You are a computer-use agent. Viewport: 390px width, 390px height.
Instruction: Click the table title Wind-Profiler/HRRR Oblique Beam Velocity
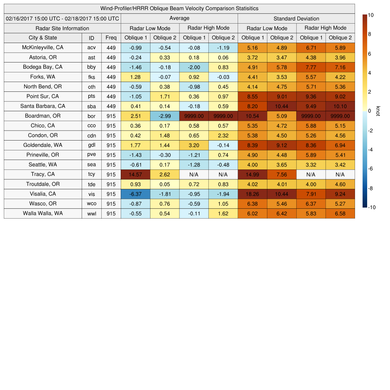tap(179, 8)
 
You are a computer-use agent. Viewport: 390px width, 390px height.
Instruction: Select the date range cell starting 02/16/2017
tap(62, 18)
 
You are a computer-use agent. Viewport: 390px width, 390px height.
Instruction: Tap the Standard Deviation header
tap(296, 19)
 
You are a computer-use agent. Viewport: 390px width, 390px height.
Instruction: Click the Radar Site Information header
tap(62, 28)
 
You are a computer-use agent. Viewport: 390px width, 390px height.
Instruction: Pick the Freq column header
tap(111, 38)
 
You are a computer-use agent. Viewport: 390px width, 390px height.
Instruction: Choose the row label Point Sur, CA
tap(43, 96)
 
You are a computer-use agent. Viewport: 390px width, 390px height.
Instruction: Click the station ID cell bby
tap(91, 67)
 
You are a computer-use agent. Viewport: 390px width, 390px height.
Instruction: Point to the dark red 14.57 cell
tap(135, 174)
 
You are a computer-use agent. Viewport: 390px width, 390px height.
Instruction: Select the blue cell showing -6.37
tap(135, 194)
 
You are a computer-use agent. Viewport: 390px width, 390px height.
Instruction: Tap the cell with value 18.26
tap(252, 194)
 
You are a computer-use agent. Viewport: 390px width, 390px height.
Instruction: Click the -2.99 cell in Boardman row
tap(165, 116)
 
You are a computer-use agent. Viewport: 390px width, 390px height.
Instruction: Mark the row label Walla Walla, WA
tap(43, 213)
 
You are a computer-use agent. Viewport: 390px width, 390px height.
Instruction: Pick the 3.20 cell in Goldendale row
tap(194, 145)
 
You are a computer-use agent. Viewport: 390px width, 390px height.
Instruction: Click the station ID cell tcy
tap(91, 174)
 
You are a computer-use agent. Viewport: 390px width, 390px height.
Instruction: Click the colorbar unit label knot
tap(378, 111)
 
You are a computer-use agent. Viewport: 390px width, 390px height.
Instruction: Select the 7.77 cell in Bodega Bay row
tap(311, 67)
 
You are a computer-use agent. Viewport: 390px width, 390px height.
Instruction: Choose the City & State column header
tap(43, 38)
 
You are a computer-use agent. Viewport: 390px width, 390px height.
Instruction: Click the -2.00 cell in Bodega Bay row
tap(194, 67)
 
